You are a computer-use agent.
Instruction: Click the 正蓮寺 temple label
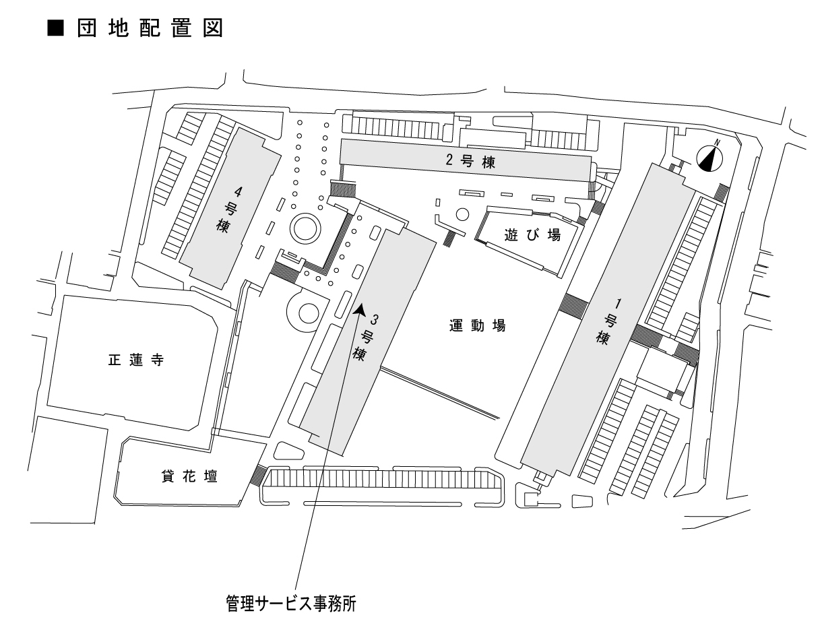click(x=136, y=360)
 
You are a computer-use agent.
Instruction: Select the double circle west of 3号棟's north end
click(x=304, y=228)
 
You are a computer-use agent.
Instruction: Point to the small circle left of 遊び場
click(x=462, y=215)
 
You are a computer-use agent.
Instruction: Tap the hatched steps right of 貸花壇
click(x=256, y=476)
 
